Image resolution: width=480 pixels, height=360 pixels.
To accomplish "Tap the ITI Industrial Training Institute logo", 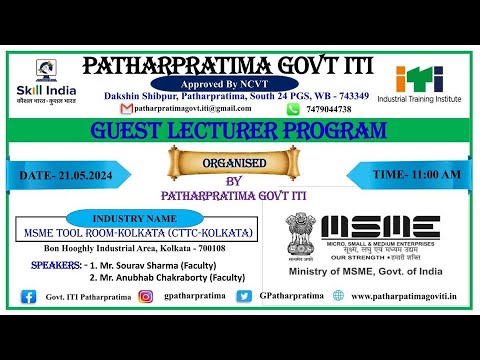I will tap(426, 85).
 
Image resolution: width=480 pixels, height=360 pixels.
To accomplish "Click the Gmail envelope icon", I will tap(126, 109).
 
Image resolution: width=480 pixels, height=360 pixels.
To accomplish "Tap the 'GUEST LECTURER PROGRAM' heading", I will tap(237, 131).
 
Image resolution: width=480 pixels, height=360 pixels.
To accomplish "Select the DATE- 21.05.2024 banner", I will tap(72, 174).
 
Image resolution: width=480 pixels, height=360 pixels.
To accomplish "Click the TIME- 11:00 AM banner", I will tap(403, 174).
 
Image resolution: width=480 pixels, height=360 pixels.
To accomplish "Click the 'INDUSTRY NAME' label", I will tap(133, 216).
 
